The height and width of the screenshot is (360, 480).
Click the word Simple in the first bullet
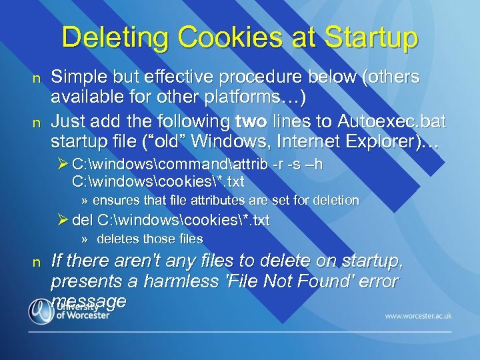79,77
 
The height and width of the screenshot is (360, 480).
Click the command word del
83,220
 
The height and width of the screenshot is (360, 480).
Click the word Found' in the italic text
325,281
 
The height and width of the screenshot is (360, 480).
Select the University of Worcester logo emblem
40,311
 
